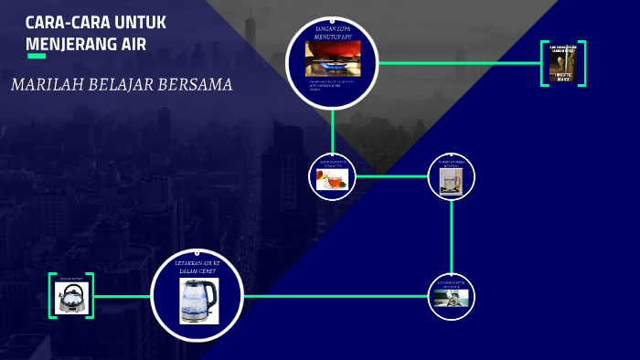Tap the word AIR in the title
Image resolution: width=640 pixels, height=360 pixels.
(130, 43)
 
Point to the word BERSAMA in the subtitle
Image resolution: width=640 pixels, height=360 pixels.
(198, 85)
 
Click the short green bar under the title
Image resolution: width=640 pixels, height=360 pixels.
(37, 57)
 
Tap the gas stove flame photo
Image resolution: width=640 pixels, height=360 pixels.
(332, 58)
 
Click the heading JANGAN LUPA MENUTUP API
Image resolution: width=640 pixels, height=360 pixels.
(332, 32)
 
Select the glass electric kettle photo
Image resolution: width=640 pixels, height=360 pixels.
(198, 301)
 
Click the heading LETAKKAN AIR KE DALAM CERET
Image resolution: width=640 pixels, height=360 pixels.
(198, 266)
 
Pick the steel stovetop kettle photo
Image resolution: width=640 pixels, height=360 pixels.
(71, 297)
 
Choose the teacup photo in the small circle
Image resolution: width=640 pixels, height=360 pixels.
(332, 179)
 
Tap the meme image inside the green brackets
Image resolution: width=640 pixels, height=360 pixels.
(563, 64)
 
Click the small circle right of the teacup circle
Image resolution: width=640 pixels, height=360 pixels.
(452, 176)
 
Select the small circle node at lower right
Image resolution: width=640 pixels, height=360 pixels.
(452, 297)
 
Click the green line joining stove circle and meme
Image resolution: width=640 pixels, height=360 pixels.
(457, 63)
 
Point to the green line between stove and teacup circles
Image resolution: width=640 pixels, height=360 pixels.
(332, 131)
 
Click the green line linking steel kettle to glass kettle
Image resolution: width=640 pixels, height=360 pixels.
(122, 296)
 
